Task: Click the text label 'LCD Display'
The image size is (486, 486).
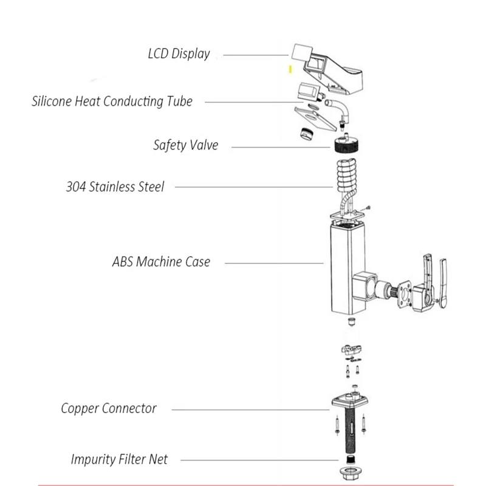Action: pos(179,53)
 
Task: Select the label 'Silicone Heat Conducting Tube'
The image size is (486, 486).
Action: pos(112,101)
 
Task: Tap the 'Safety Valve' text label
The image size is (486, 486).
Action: pos(185,145)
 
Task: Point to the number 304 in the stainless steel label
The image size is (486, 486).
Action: pos(76,187)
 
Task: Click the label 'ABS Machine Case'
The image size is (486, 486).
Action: pos(161,262)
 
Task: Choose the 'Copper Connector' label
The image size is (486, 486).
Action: pos(108,408)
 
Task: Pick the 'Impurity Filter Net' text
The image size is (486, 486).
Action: pos(119,459)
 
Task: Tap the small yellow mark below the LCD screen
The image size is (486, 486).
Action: pos(290,70)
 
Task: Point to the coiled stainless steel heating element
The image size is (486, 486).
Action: pos(348,177)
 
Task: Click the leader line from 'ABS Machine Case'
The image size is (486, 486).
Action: pos(273,262)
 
